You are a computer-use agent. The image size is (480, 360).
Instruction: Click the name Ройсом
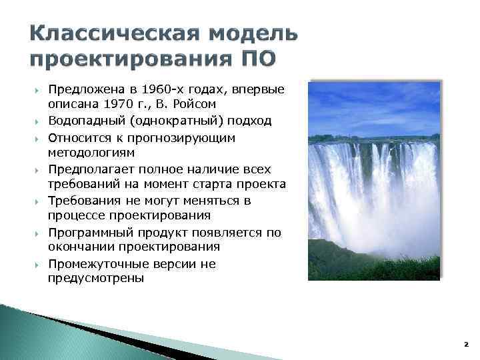click(x=198, y=105)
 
